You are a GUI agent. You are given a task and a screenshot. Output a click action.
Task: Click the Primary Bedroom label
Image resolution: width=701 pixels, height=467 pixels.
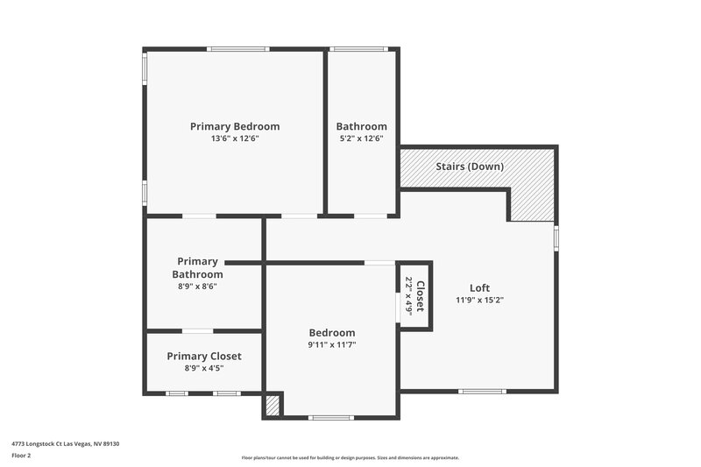tap(235, 126)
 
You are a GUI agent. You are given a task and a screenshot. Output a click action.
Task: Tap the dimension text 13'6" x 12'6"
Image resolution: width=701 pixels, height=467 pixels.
tap(235, 138)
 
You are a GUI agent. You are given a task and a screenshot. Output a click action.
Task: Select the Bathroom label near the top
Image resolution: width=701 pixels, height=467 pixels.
tap(361, 126)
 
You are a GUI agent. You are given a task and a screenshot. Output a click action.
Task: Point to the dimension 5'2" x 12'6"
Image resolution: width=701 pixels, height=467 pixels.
tap(361, 138)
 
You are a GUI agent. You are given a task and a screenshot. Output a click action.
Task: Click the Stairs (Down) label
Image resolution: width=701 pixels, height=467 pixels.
tap(469, 166)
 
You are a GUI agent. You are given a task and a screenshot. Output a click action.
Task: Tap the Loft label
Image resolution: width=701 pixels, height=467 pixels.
tap(479, 287)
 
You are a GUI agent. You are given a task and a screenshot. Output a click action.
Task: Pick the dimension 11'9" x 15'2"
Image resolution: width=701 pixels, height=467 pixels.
tap(479, 300)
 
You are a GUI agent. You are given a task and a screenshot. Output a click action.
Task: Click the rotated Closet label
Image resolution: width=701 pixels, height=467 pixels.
tap(421, 296)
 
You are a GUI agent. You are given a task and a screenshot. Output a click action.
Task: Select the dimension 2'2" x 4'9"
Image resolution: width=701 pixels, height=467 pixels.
tap(408, 296)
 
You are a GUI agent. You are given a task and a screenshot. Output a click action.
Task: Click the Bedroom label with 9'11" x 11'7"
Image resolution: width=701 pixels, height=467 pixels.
tap(332, 332)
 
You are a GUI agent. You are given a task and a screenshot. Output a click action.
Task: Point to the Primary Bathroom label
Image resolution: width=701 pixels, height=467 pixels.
tap(197, 267)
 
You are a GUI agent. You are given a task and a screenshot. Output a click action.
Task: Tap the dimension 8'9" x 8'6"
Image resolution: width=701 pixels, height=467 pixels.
tap(197, 286)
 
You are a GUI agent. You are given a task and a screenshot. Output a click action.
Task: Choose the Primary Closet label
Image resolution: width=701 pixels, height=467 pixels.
tap(204, 356)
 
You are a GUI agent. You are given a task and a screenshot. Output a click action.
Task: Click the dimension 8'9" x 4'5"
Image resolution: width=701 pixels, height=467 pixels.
tap(204, 368)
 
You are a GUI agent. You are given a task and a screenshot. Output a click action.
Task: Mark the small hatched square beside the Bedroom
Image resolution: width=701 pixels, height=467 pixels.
tap(273, 406)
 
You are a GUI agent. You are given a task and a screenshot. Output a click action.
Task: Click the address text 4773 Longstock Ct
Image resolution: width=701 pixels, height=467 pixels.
tap(66, 444)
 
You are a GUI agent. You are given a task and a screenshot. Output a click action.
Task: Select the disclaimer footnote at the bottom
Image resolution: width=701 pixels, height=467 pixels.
tap(350, 457)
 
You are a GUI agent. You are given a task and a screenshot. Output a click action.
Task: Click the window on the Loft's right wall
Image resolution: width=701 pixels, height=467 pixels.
tap(556, 237)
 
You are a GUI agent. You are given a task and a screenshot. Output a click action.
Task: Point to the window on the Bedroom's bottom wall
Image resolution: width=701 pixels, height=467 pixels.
tap(332, 417)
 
